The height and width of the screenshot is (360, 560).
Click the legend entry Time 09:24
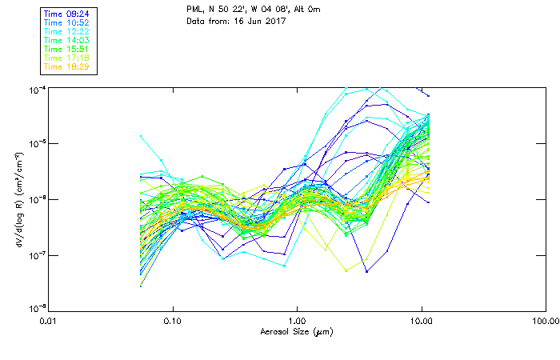[x=66, y=13]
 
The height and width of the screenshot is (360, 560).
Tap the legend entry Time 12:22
[x=66, y=30]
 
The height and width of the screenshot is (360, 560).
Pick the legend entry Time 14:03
[x=66, y=39]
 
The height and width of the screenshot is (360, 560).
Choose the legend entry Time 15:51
[x=66, y=48]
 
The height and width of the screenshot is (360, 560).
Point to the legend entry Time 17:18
[x=66, y=58]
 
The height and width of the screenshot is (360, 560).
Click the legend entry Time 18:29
[x=66, y=66]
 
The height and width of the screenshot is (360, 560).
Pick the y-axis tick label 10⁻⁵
[x=36, y=143]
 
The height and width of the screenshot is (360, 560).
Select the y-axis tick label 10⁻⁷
[x=36, y=254]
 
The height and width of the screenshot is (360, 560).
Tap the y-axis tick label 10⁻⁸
[x=36, y=308]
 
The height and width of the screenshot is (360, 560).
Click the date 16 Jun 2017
[x=259, y=22]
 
